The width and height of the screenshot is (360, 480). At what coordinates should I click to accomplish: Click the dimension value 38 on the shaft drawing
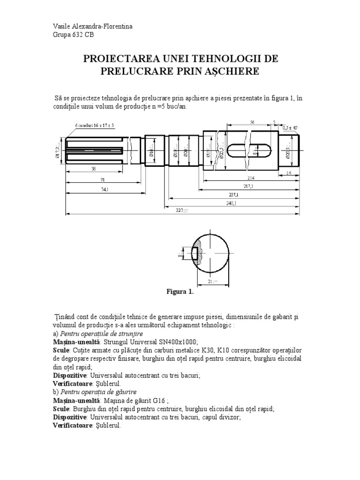94,168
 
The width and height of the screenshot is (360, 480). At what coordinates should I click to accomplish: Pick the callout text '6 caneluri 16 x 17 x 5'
95,125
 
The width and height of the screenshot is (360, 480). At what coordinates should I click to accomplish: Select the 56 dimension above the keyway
252,121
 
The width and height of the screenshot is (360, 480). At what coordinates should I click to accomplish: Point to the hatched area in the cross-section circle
199,253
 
